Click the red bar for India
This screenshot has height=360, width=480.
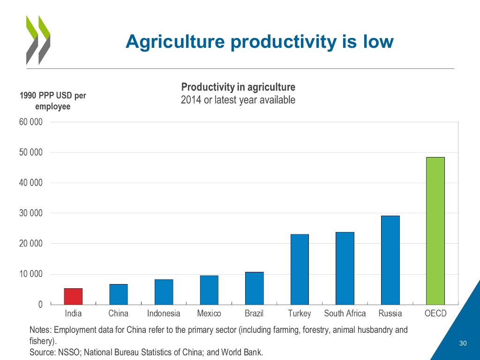[73, 296]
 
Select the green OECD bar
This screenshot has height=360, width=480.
[435, 231]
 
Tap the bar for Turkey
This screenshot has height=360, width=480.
[300, 269]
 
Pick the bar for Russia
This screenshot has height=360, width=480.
[390, 260]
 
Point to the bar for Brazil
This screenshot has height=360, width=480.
[254, 288]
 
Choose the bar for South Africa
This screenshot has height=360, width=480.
[345, 268]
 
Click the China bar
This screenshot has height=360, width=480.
[119, 294]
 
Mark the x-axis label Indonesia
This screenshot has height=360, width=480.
[164, 314]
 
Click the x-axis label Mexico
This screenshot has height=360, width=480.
[209, 314]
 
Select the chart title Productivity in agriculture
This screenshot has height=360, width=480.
[238, 87]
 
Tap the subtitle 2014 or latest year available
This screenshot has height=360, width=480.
[238, 100]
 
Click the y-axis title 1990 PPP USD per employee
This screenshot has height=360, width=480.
[52, 101]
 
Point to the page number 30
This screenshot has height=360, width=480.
[463, 344]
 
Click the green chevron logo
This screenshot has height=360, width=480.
[37, 40]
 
